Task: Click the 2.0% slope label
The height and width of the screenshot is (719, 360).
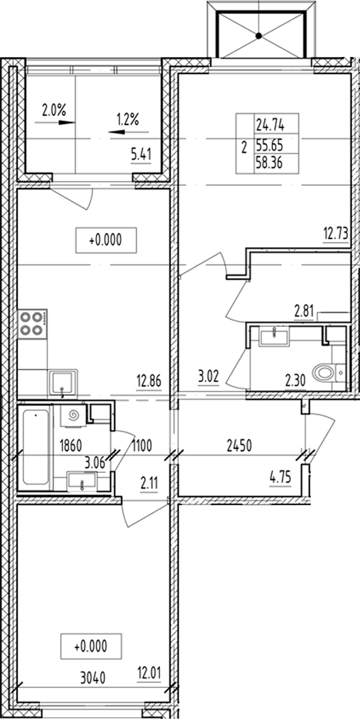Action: (x=53, y=109)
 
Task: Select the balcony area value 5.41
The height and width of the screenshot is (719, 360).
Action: (x=141, y=155)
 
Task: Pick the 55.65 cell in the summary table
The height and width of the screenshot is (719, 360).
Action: (x=269, y=145)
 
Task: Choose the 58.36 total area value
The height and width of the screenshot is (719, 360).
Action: (x=269, y=164)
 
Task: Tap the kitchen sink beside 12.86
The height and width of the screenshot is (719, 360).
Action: (x=63, y=382)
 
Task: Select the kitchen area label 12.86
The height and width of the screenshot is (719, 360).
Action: (x=148, y=381)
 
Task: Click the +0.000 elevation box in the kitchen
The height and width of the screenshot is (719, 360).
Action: (x=106, y=240)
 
